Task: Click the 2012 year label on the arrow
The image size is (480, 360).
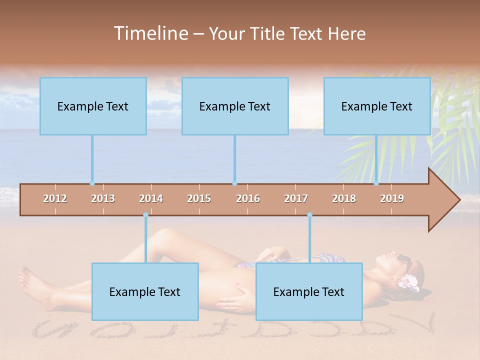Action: (55, 198)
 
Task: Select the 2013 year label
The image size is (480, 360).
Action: (103, 198)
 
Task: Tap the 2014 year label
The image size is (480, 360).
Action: (151, 198)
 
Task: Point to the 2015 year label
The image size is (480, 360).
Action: (199, 198)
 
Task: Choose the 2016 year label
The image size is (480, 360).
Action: (248, 198)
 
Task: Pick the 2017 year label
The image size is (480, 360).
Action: (296, 198)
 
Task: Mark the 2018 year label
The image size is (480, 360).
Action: (344, 198)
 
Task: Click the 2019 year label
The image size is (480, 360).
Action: (392, 198)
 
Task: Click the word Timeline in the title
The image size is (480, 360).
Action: (149, 33)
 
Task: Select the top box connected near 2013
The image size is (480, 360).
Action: (93, 106)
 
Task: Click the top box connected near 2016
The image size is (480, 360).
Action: (235, 106)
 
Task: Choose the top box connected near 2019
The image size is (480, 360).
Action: (377, 106)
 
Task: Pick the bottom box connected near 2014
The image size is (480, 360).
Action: (145, 291)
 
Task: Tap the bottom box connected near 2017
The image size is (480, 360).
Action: (309, 291)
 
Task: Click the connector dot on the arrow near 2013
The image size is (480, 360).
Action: (92, 183)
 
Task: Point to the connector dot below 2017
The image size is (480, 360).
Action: (309, 215)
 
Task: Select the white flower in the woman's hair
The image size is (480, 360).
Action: (407, 282)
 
